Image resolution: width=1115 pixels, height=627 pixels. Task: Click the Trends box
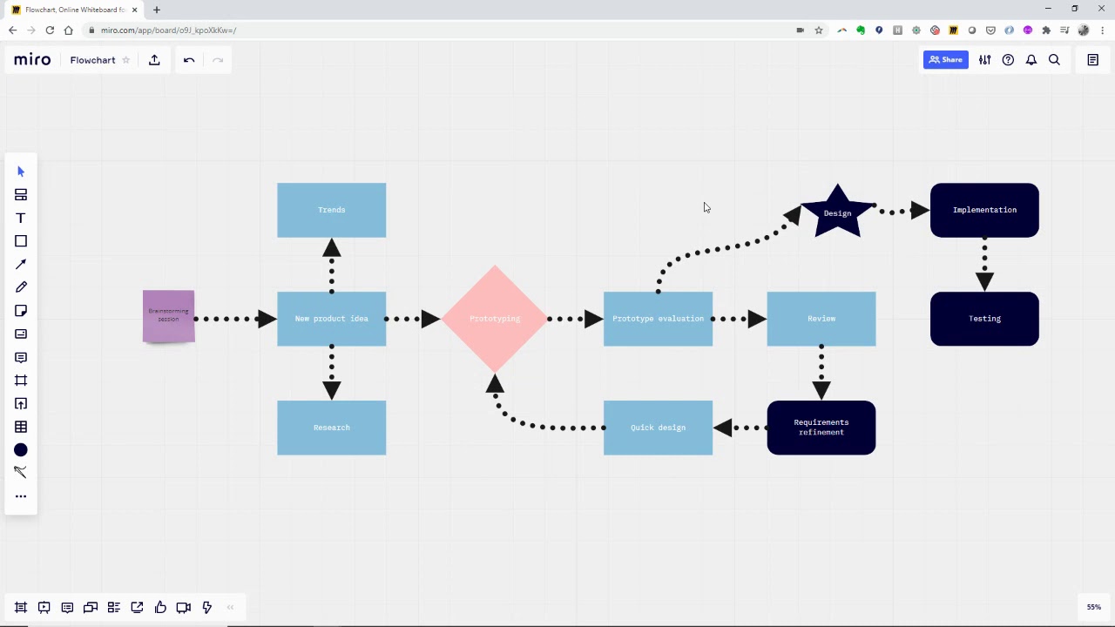[x=331, y=210]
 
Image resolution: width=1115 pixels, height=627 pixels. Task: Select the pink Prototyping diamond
[x=495, y=319]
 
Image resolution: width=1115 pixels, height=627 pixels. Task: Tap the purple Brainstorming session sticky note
[x=168, y=315]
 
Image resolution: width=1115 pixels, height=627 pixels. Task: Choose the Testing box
[x=984, y=319]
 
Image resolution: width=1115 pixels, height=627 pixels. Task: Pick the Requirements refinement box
[x=821, y=428]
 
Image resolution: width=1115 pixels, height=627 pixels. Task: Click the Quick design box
[x=658, y=428]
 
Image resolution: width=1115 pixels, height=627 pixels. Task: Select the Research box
[x=331, y=428]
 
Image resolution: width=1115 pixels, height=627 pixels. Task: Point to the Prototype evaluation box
[x=658, y=319]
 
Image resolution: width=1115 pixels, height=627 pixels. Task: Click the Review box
[x=821, y=319]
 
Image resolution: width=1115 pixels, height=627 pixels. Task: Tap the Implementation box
[x=984, y=210]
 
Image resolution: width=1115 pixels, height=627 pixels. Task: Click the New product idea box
[x=331, y=319]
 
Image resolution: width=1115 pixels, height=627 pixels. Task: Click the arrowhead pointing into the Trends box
[x=331, y=248]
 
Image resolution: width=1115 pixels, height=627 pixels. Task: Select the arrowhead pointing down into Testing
[x=984, y=281]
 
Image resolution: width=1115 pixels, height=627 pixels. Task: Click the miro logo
[x=32, y=60]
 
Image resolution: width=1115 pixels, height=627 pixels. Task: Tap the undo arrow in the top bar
[x=189, y=60]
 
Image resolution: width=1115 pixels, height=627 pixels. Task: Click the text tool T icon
[x=21, y=218]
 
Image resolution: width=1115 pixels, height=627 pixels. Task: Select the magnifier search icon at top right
[x=1054, y=60]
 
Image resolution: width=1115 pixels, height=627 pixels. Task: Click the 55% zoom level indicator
[x=1093, y=607]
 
